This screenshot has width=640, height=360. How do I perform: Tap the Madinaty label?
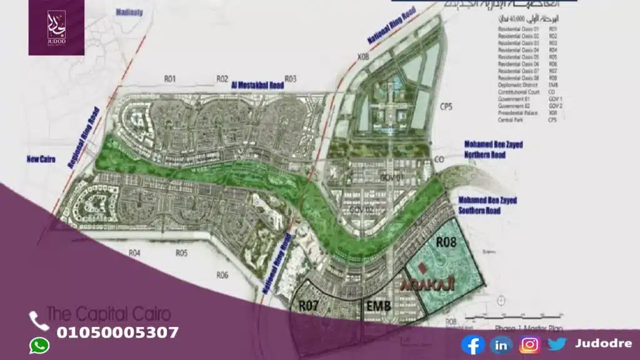[129, 11]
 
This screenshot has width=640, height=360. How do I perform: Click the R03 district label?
[290, 79]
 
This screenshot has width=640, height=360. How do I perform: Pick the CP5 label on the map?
[446, 106]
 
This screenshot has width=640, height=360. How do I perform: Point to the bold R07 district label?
[310, 306]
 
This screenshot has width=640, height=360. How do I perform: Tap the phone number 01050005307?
[117, 332]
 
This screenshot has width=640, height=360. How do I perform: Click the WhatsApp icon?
[39, 346]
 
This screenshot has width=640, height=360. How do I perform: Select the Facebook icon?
[473, 344]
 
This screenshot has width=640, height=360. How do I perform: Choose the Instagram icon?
[530, 344]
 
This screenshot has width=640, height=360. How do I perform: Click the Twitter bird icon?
[557, 344]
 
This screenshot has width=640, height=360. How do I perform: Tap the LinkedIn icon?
[501, 344]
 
